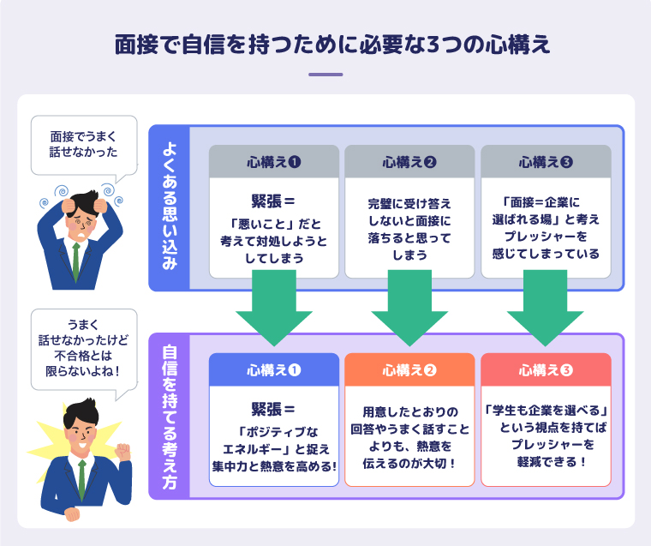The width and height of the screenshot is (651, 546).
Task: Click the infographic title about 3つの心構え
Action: (325, 45)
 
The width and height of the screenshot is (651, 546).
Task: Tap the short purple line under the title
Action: (325, 75)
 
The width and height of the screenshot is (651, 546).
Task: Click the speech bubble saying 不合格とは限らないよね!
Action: (83, 347)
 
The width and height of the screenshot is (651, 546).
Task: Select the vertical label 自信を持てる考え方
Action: (169, 417)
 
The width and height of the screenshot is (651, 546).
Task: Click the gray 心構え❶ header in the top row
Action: (274, 161)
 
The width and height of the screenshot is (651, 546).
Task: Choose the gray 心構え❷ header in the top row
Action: (409, 161)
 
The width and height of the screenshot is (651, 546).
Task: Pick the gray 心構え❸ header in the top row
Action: (546, 161)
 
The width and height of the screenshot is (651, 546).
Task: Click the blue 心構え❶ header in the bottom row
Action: (274, 370)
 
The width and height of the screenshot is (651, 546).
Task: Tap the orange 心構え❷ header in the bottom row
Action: (409, 370)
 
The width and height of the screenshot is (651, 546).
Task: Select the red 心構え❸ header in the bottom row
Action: (546, 370)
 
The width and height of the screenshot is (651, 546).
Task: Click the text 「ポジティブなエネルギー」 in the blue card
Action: (274, 440)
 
